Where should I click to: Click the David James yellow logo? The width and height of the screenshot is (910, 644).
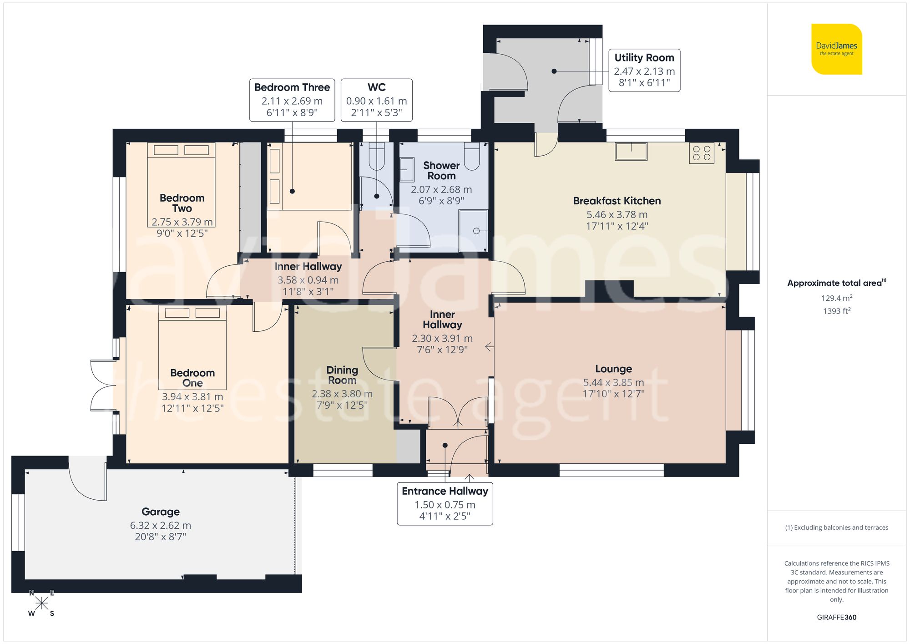click(x=836, y=49)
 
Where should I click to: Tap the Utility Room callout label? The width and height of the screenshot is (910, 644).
click(x=644, y=70)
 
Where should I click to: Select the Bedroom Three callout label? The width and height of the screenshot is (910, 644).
click(x=292, y=100)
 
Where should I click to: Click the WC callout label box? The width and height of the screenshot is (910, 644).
click(x=376, y=100)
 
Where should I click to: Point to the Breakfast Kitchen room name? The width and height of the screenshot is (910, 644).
click(x=617, y=201)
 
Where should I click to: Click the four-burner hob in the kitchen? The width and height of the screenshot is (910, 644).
click(x=701, y=153)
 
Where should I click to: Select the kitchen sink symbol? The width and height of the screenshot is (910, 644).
click(x=631, y=151)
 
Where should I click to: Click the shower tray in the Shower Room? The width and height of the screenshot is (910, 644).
click(x=473, y=230)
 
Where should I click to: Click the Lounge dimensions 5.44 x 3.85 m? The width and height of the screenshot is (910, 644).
click(x=613, y=382)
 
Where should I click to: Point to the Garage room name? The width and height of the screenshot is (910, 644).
click(x=160, y=512)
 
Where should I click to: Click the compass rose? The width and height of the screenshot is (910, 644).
click(x=41, y=603)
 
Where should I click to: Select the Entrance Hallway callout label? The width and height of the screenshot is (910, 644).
click(x=445, y=503)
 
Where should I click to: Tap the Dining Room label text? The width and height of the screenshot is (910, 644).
click(x=342, y=375)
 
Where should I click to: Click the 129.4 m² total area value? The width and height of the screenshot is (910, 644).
click(x=836, y=298)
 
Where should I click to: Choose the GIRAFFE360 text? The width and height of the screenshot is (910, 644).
click(x=836, y=617)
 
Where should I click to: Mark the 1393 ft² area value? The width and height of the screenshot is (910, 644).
click(x=836, y=311)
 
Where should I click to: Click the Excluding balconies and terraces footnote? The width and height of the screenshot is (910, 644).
click(x=836, y=527)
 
